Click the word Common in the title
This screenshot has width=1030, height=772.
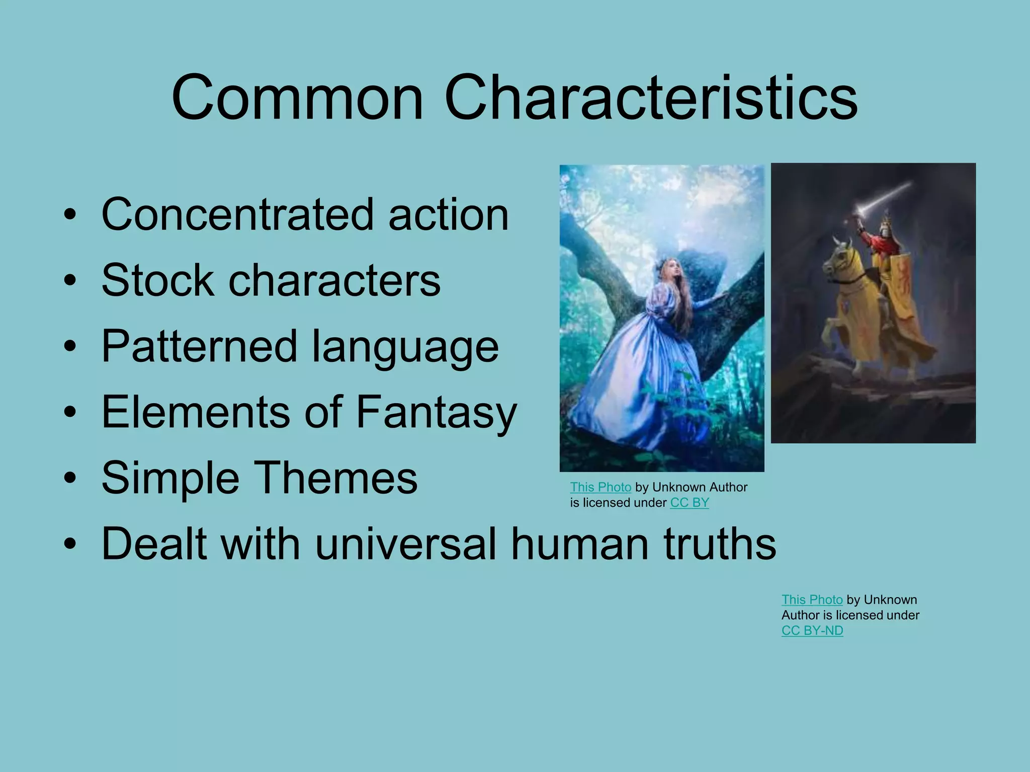click(297, 98)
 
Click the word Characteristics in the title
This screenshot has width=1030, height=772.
click(651, 98)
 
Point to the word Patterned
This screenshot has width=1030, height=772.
click(199, 346)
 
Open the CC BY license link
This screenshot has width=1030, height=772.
click(690, 503)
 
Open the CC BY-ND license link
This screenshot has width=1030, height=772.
click(812, 630)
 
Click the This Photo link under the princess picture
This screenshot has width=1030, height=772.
click(600, 487)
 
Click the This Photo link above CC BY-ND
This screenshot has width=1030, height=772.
click(812, 600)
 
